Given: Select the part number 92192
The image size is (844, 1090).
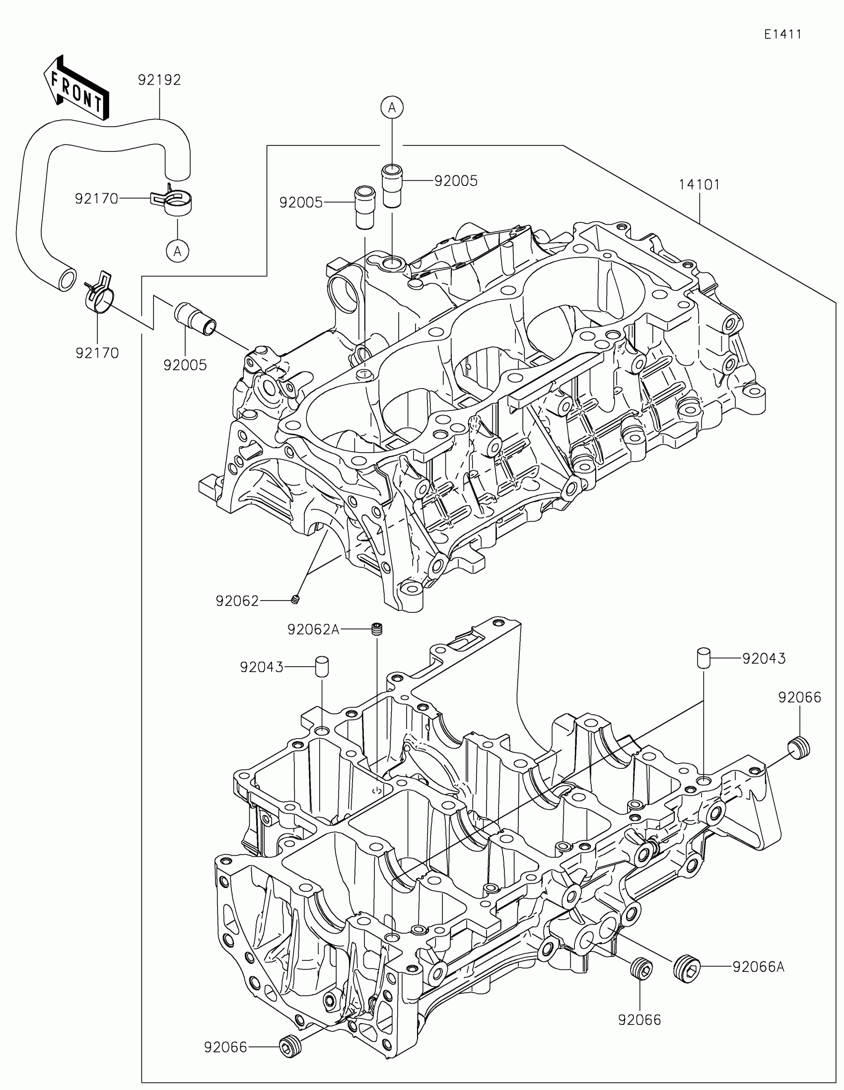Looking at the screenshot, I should point(159,80).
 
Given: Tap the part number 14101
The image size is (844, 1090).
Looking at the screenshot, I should point(699,185).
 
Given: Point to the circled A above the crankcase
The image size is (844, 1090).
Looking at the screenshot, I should point(392,107).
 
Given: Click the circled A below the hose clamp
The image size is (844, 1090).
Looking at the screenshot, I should point(178,251).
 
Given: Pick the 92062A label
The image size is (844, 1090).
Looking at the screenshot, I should point(313,630).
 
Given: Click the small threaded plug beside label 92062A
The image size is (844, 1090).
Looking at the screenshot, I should point(377,629).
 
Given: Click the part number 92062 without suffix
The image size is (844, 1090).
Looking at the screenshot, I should point(237,601).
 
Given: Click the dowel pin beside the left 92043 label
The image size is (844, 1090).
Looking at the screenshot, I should point(321,666).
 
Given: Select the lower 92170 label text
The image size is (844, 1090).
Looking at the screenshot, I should point(97,353).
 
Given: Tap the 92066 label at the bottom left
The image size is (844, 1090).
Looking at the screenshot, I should point(225,1047).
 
